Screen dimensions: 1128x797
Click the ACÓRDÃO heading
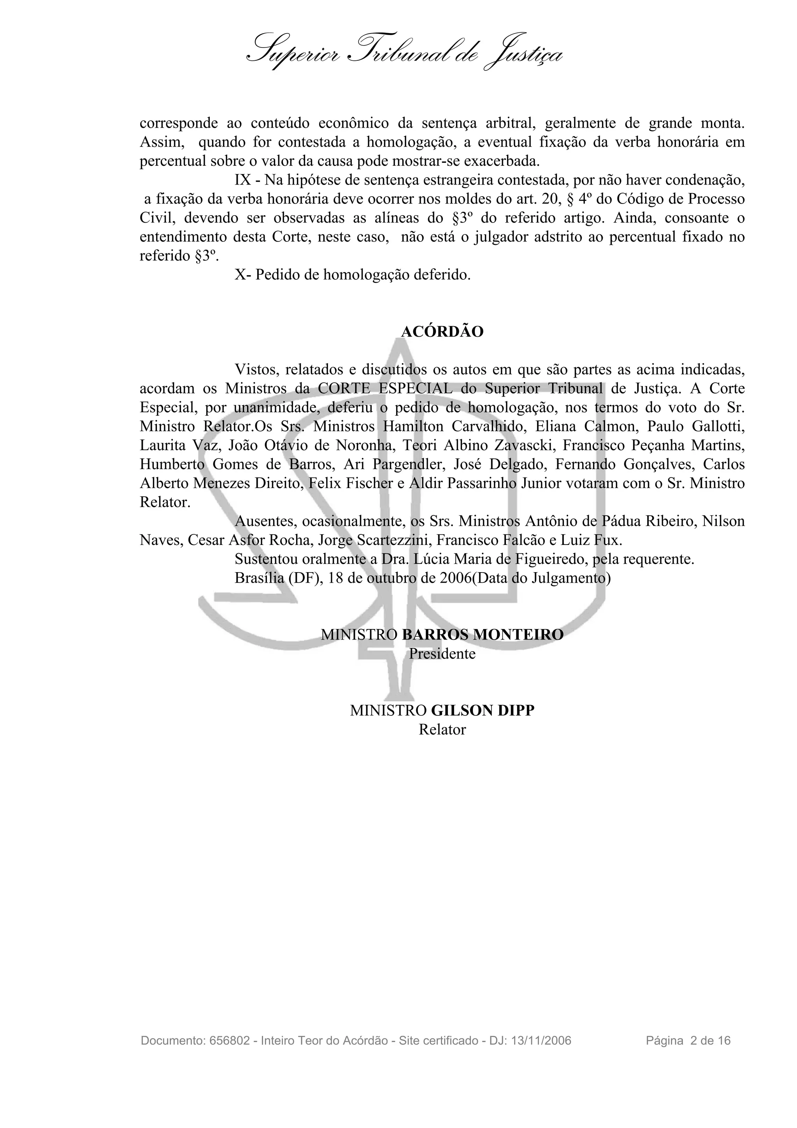[x=442, y=332]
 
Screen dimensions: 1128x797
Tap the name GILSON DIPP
[x=482, y=710]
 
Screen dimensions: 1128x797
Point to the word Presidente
[x=442, y=654]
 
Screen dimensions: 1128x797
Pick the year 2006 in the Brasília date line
[x=456, y=578]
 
